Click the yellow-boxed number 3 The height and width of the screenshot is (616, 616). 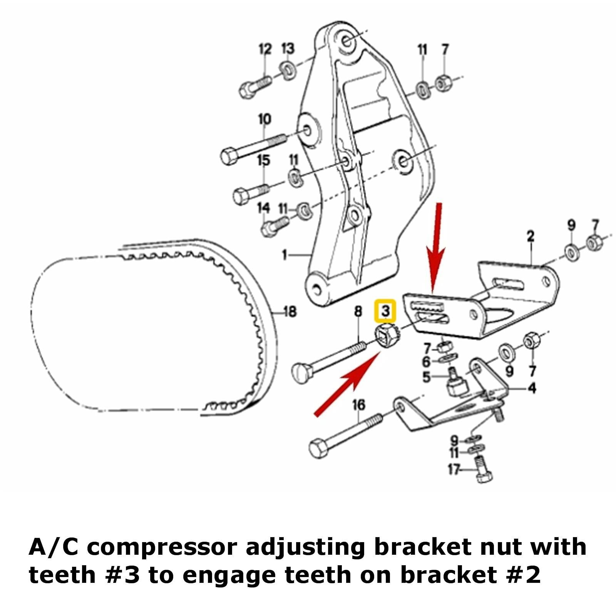(385, 310)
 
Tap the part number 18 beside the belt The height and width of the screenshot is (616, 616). (290, 311)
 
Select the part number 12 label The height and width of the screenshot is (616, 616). (265, 50)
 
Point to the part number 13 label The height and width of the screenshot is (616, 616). (288, 49)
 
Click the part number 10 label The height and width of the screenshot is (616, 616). (264, 119)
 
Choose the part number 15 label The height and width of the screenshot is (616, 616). (264, 160)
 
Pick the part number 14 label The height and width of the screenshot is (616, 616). (264, 208)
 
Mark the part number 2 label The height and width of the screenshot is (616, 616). (531, 236)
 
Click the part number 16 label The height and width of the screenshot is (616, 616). (358, 405)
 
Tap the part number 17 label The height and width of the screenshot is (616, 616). (454, 470)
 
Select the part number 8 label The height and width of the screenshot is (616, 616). (358, 311)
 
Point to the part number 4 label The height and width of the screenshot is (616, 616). (532, 388)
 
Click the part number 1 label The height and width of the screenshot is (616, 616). (285, 255)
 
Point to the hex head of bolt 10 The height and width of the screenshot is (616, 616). (229, 156)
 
